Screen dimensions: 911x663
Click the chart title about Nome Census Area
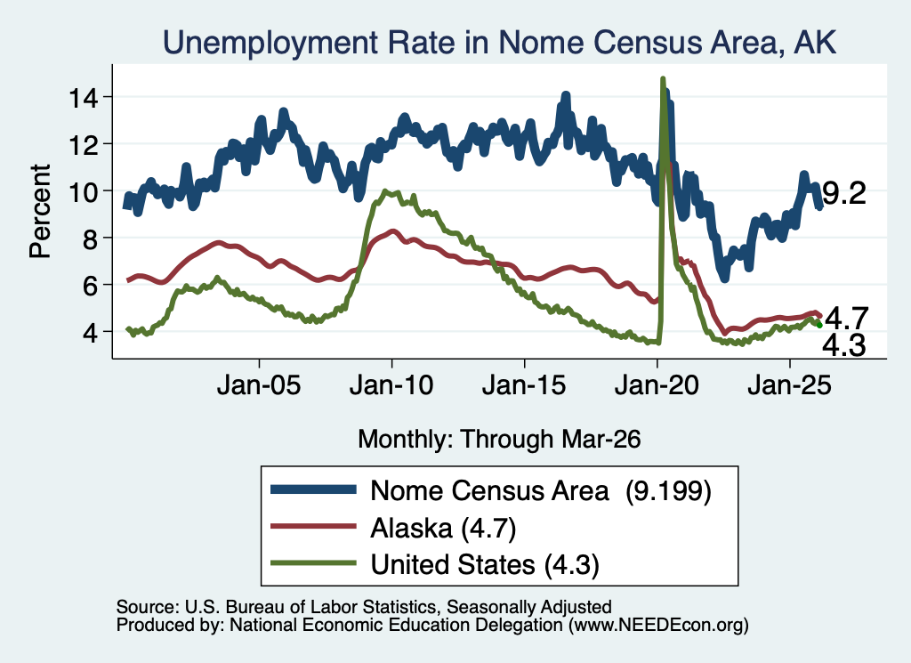(500, 43)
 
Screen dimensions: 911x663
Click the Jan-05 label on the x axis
(259, 385)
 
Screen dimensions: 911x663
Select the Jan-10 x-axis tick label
(391, 385)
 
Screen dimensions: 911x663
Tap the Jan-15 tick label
(524, 385)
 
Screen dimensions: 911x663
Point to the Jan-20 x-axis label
(657, 385)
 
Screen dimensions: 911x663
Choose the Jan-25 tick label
(790, 385)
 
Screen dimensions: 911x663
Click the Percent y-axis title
(40, 212)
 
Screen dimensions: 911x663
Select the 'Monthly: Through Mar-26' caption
(499, 439)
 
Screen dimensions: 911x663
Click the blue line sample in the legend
(314, 489)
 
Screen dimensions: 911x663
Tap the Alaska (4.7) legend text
(443, 529)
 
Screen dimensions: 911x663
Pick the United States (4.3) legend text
(485, 564)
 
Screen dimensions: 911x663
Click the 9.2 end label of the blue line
(844, 193)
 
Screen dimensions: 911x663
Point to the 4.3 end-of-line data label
(844, 345)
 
